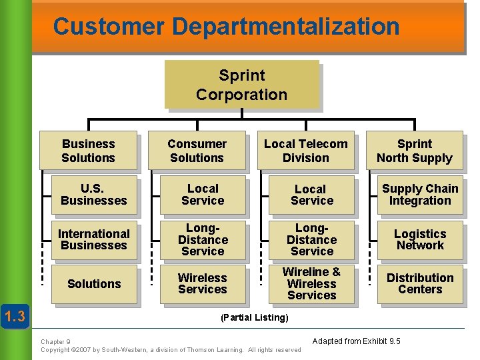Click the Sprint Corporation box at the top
click(x=241, y=85)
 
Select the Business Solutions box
click(x=88, y=151)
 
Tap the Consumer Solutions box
click(x=197, y=151)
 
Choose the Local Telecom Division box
click(x=305, y=151)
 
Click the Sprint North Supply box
click(x=414, y=151)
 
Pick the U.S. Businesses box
click(x=94, y=195)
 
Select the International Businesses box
click(x=94, y=239)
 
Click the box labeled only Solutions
click(x=94, y=284)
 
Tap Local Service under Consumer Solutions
click(x=203, y=195)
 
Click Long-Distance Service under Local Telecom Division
click(x=311, y=239)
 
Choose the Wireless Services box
click(x=203, y=283)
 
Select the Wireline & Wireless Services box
click(x=311, y=283)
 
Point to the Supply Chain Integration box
click(x=420, y=195)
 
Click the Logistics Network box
click(x=420, y=239)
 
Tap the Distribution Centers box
click(x=420, y=283)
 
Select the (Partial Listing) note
click(x=254, y=318)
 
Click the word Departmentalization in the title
click(x=285, y=27)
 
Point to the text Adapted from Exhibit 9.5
click(x=357, y=341)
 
